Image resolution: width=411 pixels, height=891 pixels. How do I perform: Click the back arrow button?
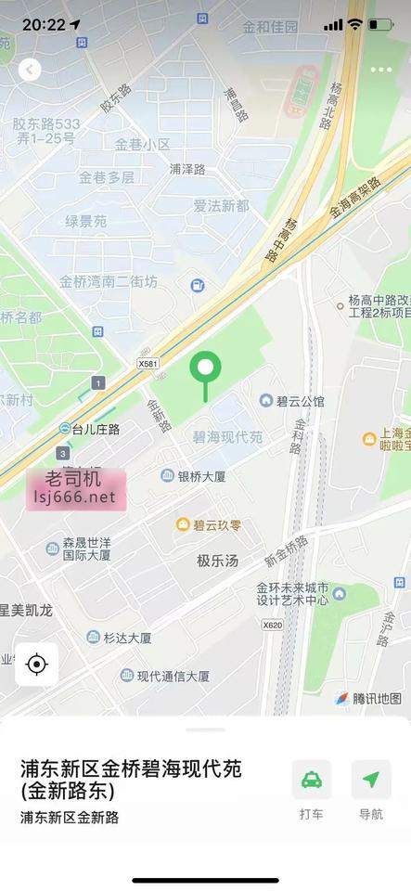coord(30,70)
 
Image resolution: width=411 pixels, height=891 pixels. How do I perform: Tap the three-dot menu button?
coord(380,70)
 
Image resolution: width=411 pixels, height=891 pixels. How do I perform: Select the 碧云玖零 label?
coord(209,525)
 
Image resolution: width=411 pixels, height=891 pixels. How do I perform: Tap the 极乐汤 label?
coord(217,561)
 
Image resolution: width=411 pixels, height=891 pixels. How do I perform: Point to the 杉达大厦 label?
coord(127,638)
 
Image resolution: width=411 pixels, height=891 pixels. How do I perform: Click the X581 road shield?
coord(148,363)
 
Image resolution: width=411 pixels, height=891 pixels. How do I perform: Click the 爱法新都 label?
coord(221,205)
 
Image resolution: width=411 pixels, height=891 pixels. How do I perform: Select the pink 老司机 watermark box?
coord(75,489)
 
